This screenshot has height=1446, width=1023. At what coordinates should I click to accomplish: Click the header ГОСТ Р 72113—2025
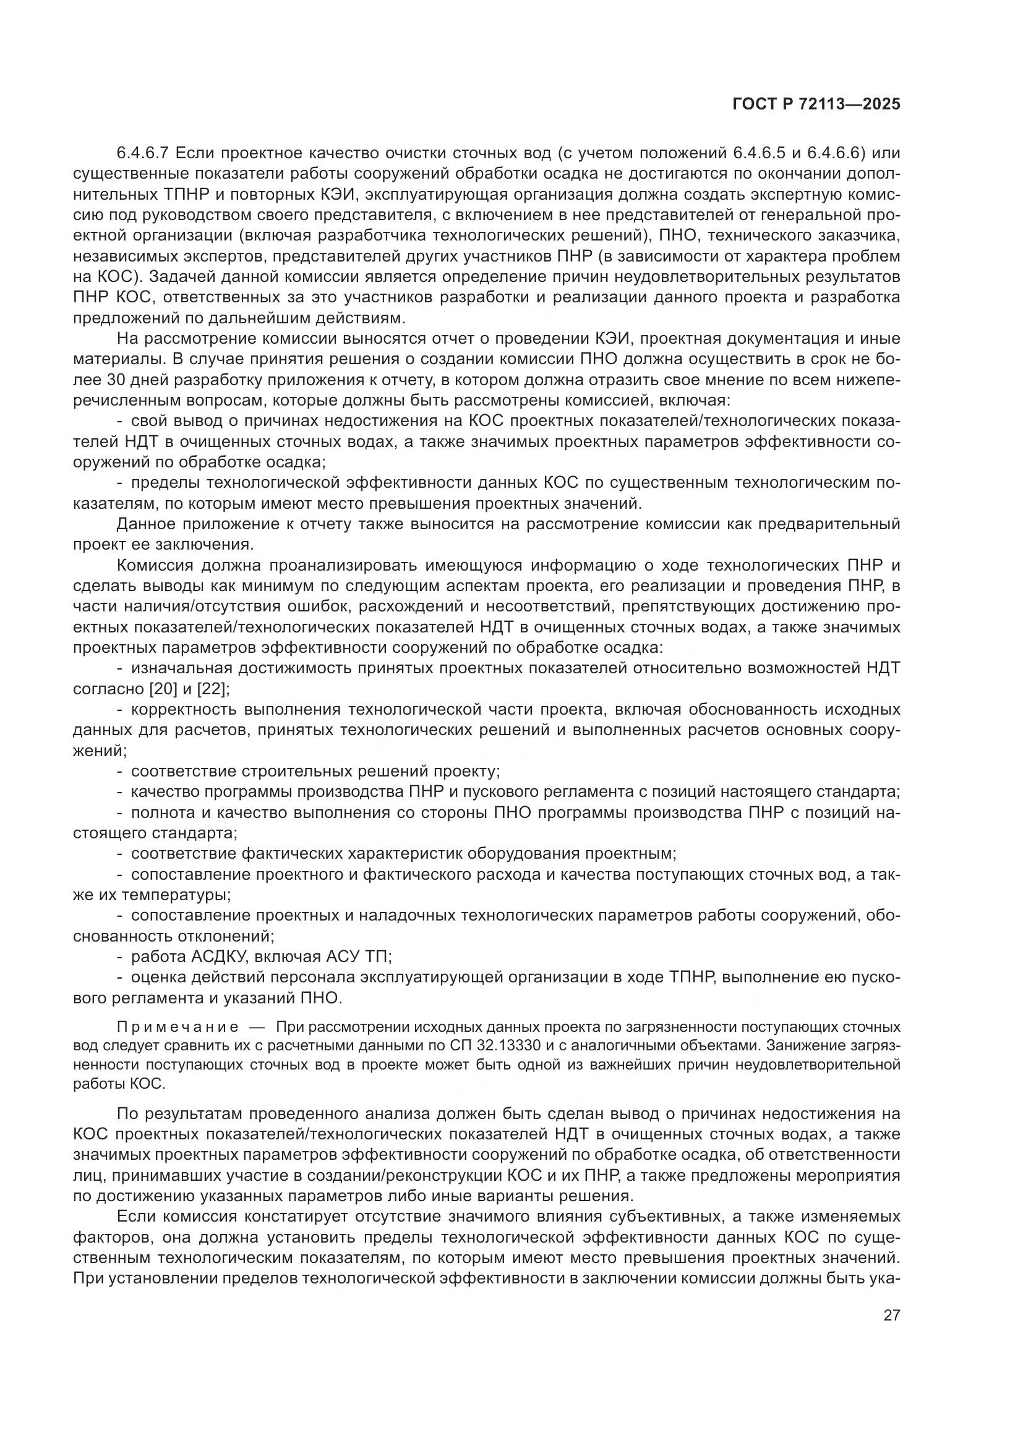[816, 104]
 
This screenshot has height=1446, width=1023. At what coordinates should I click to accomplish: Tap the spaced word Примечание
[177, 1027]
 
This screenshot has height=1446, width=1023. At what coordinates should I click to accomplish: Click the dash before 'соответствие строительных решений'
[120, 772]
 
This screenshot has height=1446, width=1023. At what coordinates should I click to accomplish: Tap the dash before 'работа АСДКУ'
[120, 957]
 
